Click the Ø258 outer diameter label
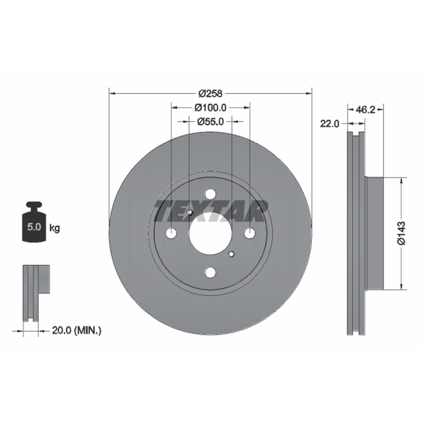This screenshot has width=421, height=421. click(210, 94)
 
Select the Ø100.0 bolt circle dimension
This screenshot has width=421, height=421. click(210, 108)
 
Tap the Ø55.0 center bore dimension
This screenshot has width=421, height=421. click(210, 122)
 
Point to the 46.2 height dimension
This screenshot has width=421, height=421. click(365, 109)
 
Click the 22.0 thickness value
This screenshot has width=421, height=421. click(330, 124)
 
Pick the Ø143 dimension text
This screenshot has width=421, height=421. click(402, 233)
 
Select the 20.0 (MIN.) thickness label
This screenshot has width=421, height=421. click(76, 330)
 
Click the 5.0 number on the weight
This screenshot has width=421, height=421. click(34, 227)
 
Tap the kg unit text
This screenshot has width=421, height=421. click(55, 228)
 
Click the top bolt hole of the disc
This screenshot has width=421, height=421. click(210, 194)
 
